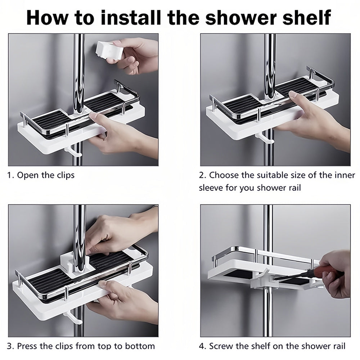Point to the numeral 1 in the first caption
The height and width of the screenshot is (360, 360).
point(9,175)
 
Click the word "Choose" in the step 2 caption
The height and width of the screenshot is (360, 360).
point(224,175)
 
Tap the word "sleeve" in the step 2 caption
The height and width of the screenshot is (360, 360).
point(211,188)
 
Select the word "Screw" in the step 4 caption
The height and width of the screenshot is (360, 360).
point(220,346)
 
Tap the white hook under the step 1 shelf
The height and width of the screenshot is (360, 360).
point(73,152)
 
